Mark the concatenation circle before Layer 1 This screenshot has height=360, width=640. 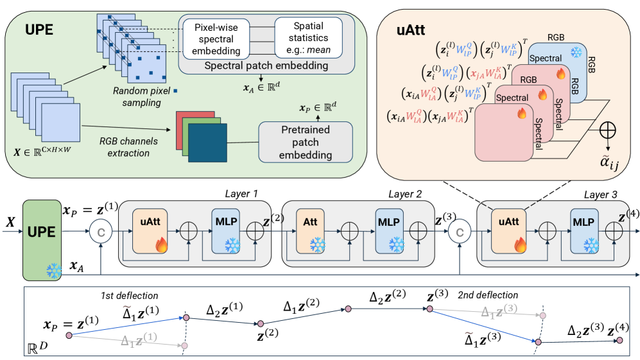(99, 231)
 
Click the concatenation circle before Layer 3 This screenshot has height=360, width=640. (460, 231)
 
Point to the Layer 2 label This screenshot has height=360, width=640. (405, 194)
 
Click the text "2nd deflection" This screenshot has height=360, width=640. (488, 295)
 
